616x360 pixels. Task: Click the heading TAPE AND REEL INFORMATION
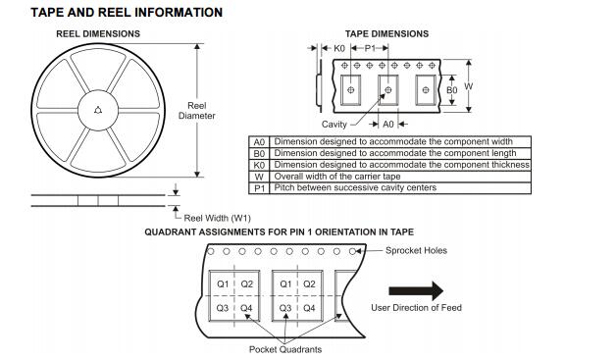click(127, 13)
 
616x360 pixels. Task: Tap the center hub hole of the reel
click(98, 111)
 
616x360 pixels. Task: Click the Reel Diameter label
click(197, 111)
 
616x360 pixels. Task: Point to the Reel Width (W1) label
click(217, 218)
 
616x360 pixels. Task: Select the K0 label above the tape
click(339, 48)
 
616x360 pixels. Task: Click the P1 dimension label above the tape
click(370, 48)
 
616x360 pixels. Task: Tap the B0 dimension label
click(452, 90)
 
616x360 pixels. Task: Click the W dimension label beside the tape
click(468, 86)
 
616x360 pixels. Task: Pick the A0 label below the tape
click(388, 125)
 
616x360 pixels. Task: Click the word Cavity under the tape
click(334, 125)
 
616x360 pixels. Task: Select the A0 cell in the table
click(259, 142)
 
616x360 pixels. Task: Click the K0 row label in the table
click(259, 165)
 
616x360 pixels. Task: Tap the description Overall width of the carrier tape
click(337, 177)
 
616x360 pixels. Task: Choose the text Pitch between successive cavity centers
click(355, 188)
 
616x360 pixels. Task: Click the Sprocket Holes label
click(416, 250)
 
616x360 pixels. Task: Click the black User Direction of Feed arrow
click(416, 290)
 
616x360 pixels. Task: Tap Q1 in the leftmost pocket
click(223, 283)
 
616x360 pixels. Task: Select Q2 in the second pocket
click(309, 283)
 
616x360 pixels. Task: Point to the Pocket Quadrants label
click(285, 349)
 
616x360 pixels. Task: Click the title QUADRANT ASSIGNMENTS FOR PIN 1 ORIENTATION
click(279, 232)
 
